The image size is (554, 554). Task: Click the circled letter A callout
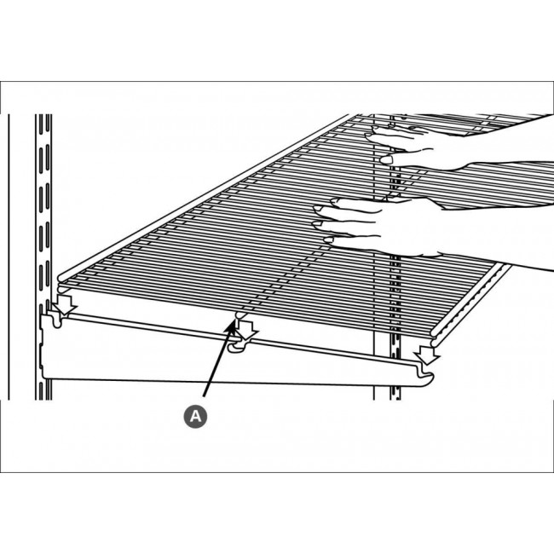point(195,416)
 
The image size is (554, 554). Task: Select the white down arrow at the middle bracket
point(245,333)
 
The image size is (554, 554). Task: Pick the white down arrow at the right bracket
point(424,351)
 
